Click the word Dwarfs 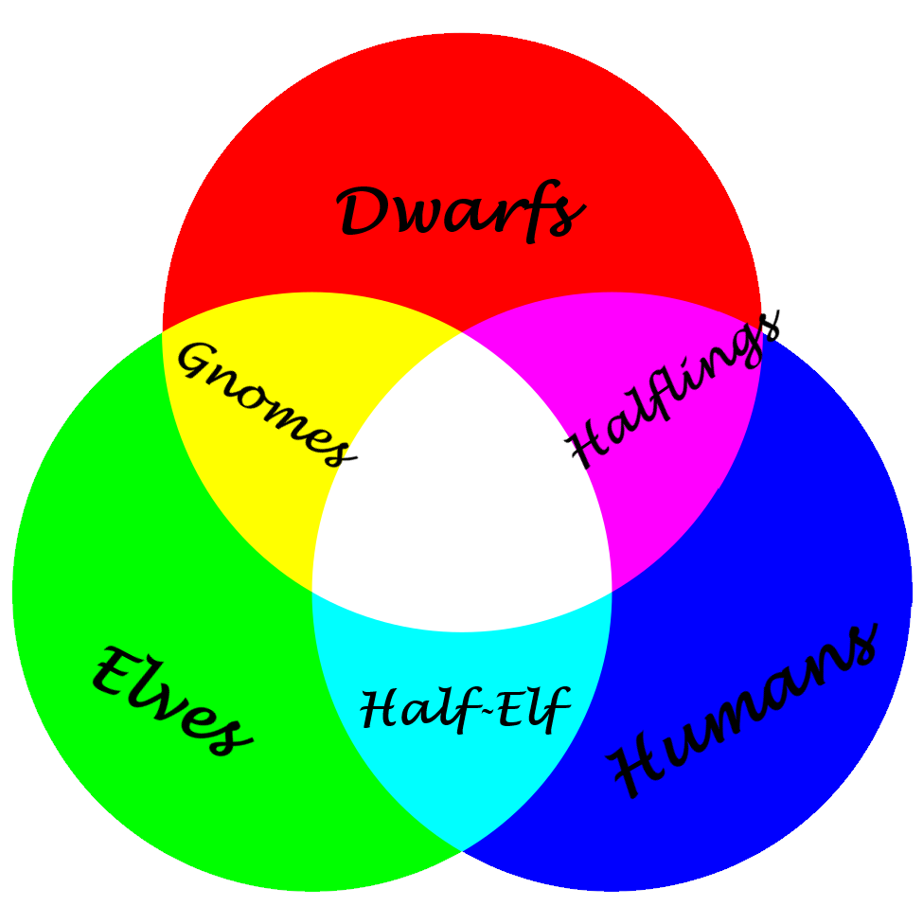point(461,212)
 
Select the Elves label point(172,701)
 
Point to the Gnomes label point(266,404)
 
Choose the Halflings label point(672,389)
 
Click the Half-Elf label point(465,709)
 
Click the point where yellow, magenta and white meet point(462,332)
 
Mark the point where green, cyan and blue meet point(462,851)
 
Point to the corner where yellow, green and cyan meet point(312,591)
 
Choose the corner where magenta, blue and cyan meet point(612,591)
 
